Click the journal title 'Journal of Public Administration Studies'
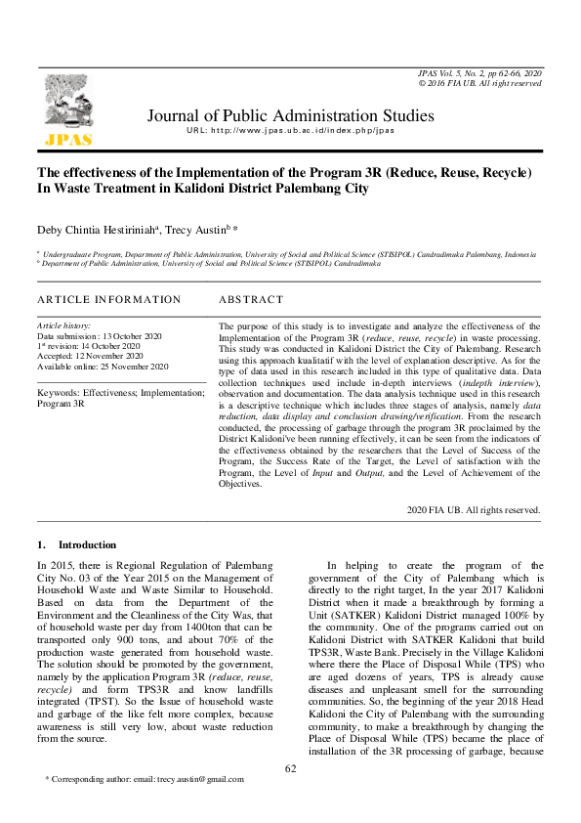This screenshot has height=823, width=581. point(290,116)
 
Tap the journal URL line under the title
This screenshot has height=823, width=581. point(290,131)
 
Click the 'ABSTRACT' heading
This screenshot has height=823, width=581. point(251,299)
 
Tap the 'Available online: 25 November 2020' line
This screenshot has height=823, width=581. point(103,367)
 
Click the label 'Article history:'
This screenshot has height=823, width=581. point(63,325)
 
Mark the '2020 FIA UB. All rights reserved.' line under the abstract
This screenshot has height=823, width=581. point(474,509)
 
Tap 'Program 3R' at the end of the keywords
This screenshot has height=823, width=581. point(61,403)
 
